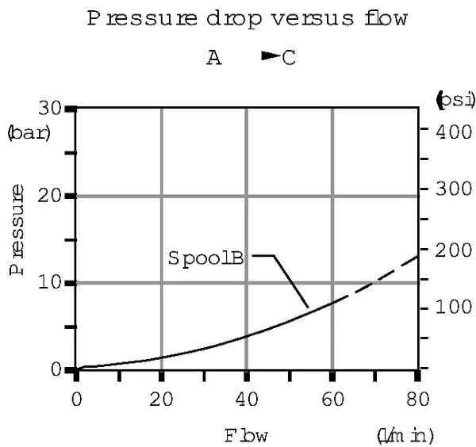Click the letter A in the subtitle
pyautogui.click(x=214, y=59)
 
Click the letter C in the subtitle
pyautogui.click(x=289, y=59)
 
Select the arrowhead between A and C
pyautogui.click(x=271, y=56)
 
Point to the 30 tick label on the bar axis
pyautogui.click(x=49, y=109)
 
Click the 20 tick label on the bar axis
pyautogui.click(x=49, y=196)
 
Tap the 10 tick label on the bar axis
pyautogui.click(x=49, y=283)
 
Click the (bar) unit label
pyautogui.click(x=29, y=132)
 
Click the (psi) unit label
pyautogui.click(x=455, y=100)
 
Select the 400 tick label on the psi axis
pyautogui.click(x=455, y=131)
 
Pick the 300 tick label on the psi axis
pyautogui.click(x=455, y=190)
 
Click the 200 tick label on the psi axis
pyautogui.click(x=455, y=250)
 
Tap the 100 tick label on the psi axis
pyautogui.click(x=455, y=308)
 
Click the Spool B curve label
pyautogui.click(x=205, y=258)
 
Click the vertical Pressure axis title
pyautogui.click(x=17, y=230)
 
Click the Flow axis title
pyautogui.click(x=245, y=435)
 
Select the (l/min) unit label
pyautogui.click(x=405, y=435)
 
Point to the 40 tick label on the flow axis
pyautogui.click(x=248, y=399)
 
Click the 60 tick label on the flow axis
pyautogui.click(x=332, y=399)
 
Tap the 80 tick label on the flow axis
pyautogui.click(x=418, y=399)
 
